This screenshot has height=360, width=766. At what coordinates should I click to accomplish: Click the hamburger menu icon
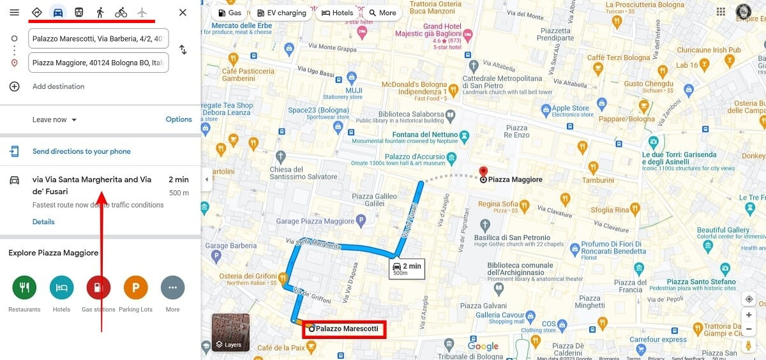14,13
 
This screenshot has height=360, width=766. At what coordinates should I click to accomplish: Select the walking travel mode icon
100,13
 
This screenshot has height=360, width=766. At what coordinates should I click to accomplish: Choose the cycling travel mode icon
121,13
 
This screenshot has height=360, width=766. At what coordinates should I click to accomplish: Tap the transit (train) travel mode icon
79,13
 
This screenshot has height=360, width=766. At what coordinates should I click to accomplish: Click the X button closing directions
183,13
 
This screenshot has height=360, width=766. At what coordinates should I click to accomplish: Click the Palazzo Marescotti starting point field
98,38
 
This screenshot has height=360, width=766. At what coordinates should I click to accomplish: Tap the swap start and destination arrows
183,50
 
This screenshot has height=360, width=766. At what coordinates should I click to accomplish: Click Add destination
58,86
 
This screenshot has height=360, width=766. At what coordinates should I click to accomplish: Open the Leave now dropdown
55,119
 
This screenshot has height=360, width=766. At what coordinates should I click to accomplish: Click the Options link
179,119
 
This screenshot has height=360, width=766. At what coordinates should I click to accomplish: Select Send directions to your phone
81,151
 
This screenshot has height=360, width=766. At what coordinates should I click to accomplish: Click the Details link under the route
43,221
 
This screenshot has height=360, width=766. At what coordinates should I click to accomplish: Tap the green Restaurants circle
24,288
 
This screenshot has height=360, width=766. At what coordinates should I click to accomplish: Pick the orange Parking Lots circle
135,288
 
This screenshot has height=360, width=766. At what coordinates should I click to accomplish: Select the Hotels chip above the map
338,13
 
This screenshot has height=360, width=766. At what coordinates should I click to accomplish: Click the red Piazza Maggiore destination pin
483,172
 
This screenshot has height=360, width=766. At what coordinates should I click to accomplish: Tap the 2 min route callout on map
407,268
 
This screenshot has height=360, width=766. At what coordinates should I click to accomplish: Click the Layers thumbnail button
230,333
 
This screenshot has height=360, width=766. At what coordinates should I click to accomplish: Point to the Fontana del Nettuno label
426,135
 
